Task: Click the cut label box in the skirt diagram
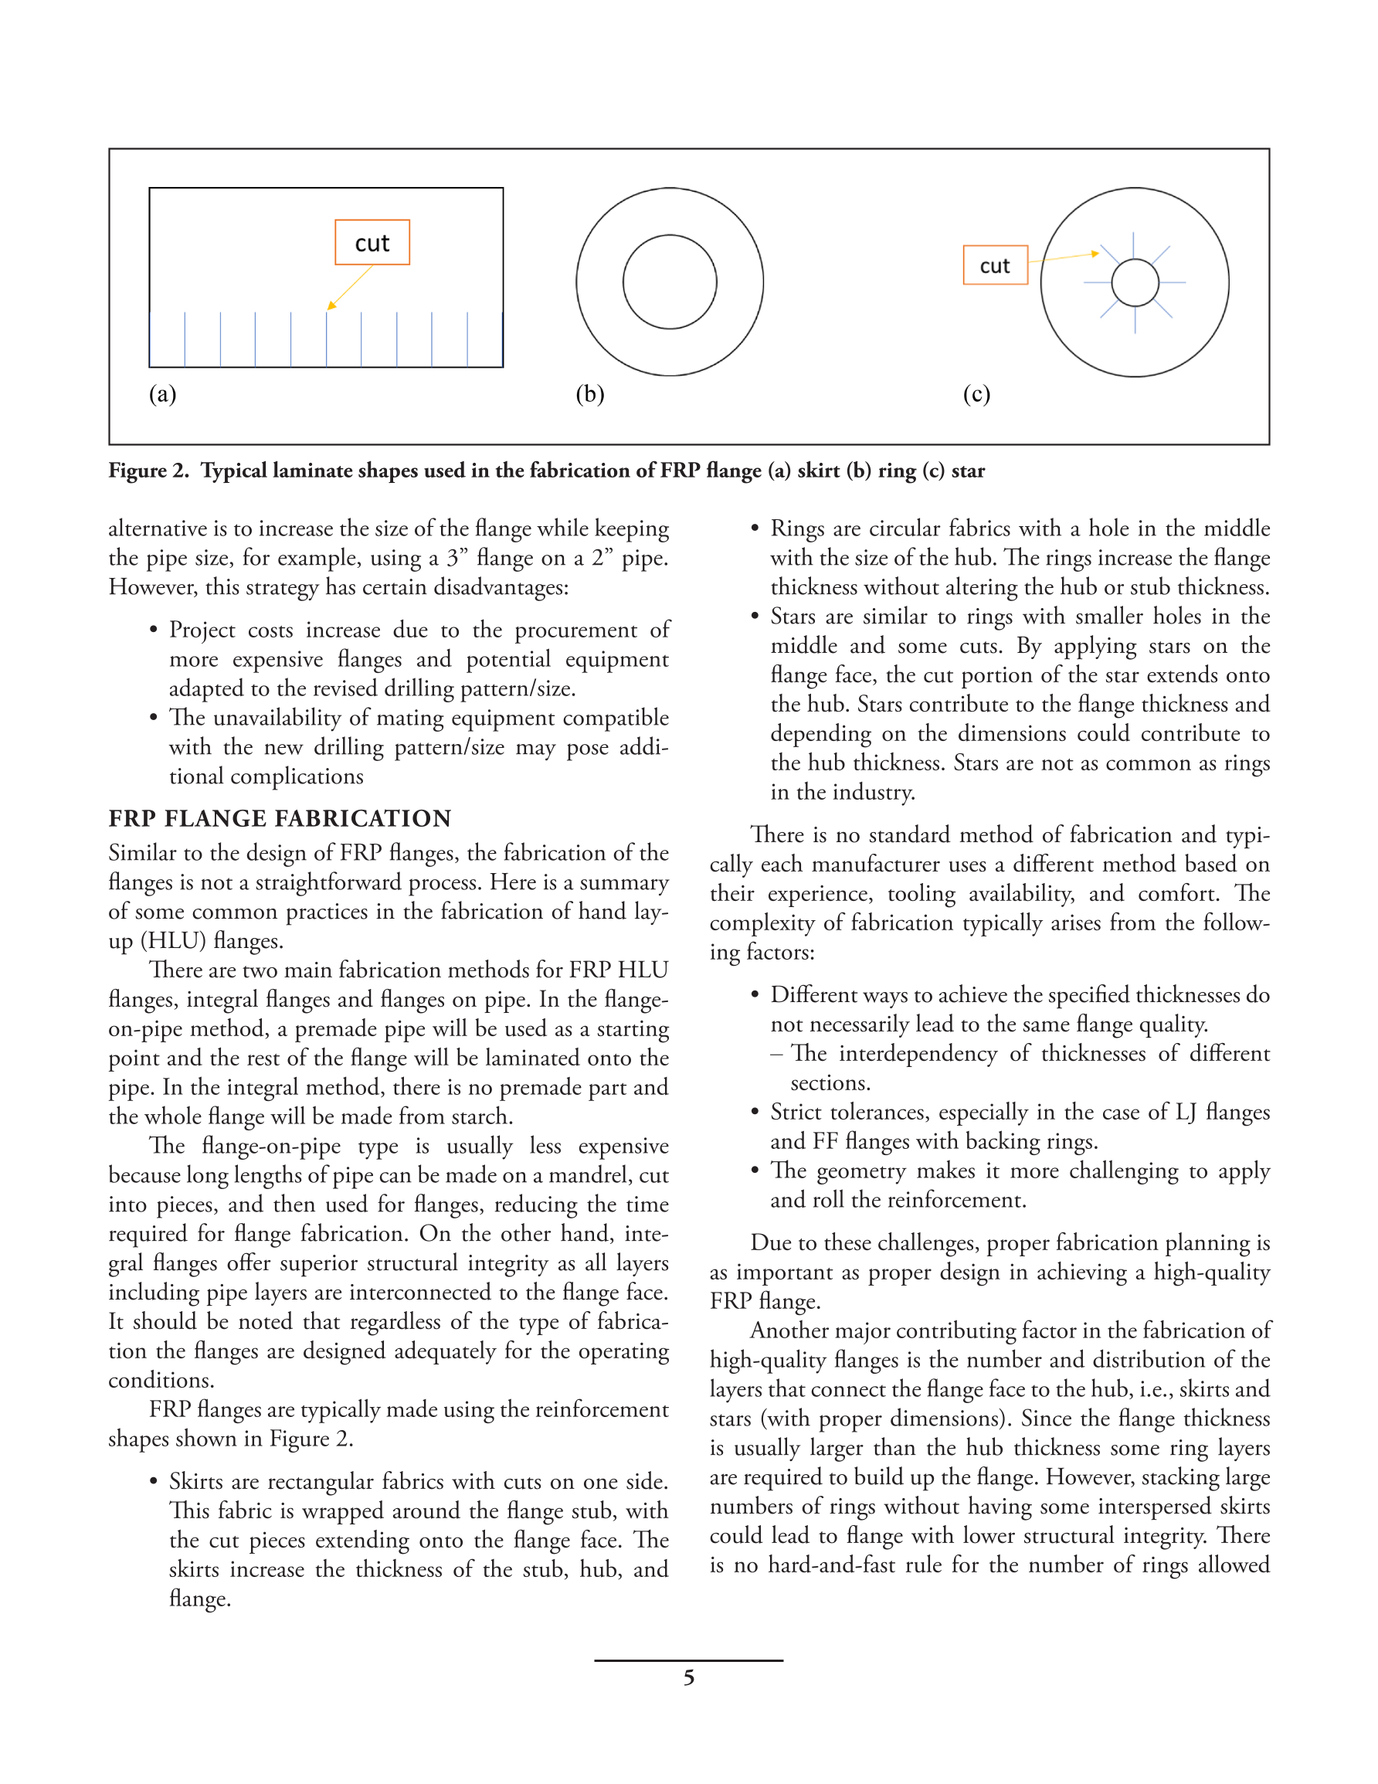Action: coord(372,243)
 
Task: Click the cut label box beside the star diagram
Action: coord(994,266)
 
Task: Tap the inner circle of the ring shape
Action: coord(669,282)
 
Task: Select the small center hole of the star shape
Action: coord(1135,283)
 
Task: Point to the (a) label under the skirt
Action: coord(162,395)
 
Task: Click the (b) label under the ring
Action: coord(590,395)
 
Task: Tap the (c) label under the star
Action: coord(976,395)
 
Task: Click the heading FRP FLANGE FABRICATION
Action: coord(280,818)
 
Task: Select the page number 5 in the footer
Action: coord(688,1678)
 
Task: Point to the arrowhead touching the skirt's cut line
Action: coord(330,306)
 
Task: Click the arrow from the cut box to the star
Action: coord(1062,257)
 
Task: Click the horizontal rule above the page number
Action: coord(687,1660)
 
